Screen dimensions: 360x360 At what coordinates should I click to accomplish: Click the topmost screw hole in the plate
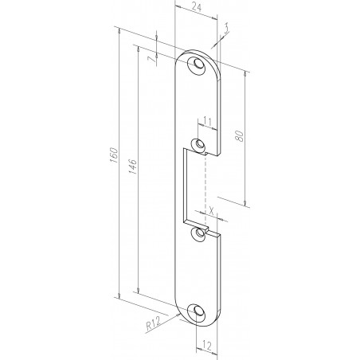pyautogui.click(x=197, y=65)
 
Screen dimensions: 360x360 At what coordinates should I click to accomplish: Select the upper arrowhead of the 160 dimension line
pyautogui.click(x=119, y=32)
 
